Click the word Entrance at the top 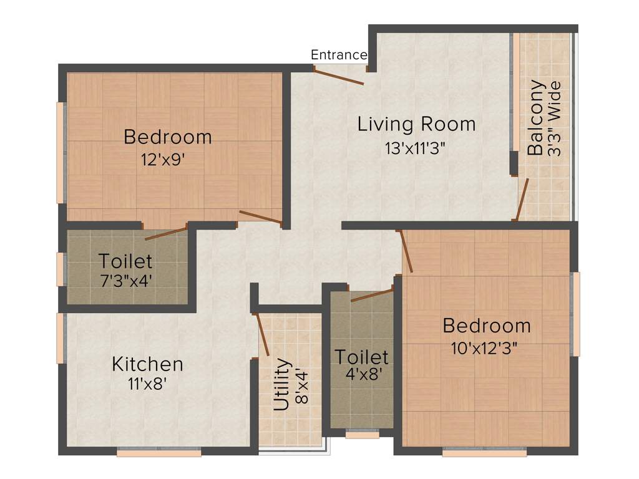point(339,55)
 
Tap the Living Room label point(416,124)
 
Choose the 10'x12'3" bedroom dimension point(484,348)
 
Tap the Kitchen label point(147,364)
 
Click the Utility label point(282,384)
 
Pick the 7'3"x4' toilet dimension point(125,280)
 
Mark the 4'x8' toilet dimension point(361,377)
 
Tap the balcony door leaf point(522,200)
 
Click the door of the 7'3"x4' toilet point(166,234)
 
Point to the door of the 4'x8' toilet point(372,294)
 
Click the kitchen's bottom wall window point(159,452)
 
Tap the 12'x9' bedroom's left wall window point(60,153)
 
